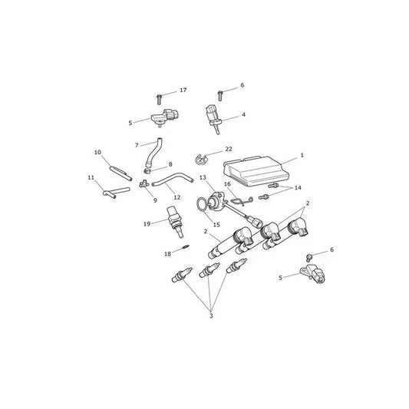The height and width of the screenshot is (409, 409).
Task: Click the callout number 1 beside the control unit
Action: [302, 155]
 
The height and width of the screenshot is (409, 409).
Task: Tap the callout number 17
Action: [183, 90]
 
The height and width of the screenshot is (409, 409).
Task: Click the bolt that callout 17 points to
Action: [159, 100]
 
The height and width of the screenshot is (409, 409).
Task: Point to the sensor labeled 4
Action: [213, 118]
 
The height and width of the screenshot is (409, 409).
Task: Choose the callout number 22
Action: [229, 149]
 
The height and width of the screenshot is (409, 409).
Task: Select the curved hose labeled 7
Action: [153, 152]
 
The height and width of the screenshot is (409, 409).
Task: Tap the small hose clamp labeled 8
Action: [147, 171]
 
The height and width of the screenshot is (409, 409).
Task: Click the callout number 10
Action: [97, 152]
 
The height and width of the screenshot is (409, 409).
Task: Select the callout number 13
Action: [203, 177]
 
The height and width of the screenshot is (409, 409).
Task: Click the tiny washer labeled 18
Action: [186, 246]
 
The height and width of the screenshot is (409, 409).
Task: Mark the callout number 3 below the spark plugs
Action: [211, 315]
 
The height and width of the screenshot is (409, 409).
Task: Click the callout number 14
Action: [298, 188]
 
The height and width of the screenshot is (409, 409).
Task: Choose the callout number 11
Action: [91, 177]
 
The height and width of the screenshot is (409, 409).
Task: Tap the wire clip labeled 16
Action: [242, 200]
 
